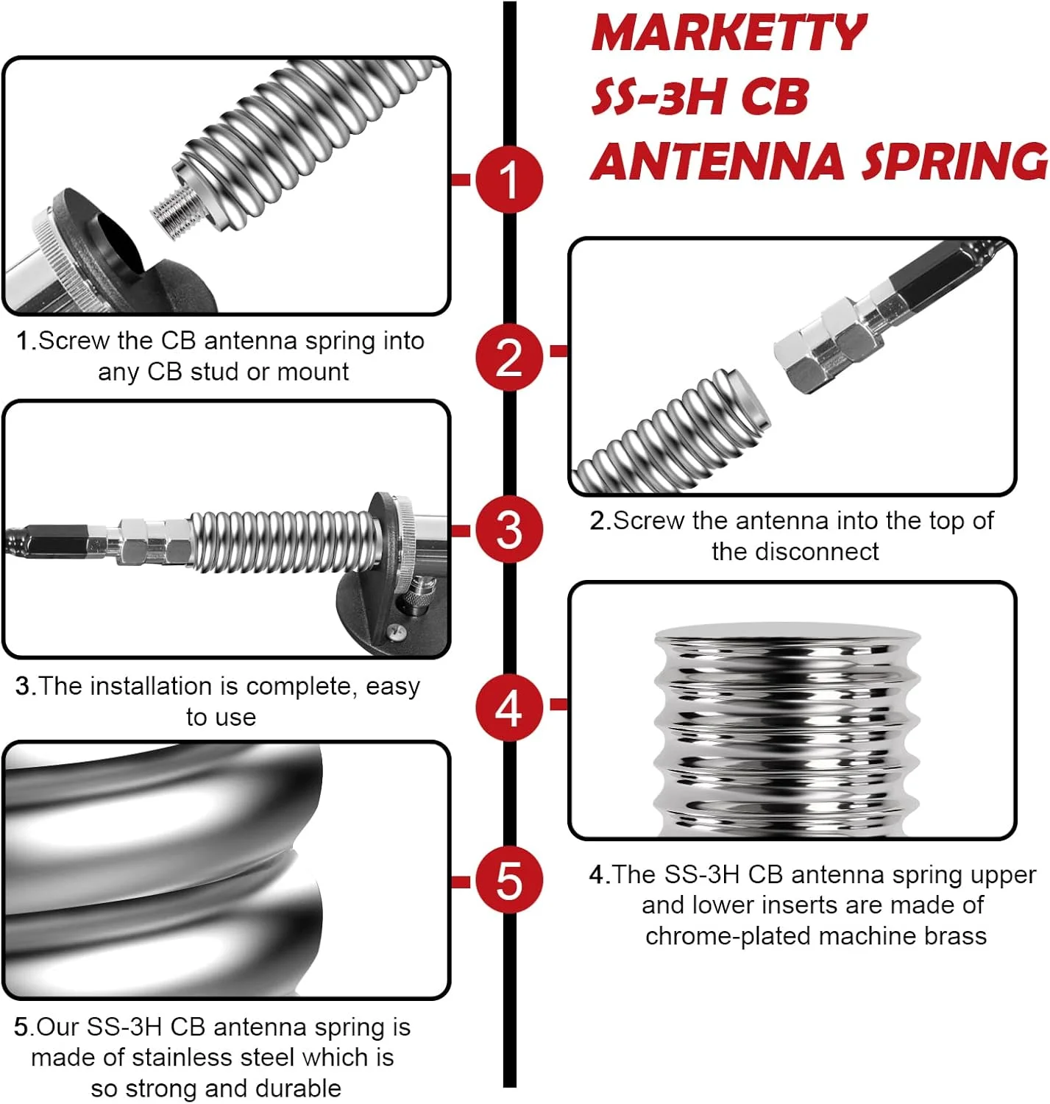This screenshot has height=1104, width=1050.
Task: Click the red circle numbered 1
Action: coord(508,179)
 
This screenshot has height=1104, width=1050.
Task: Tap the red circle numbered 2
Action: coord(508,357)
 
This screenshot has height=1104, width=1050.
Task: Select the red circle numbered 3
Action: coord(508,530)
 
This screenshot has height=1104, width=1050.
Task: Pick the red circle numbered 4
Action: coord(508,708)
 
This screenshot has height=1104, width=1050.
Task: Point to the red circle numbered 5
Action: coord(508,880)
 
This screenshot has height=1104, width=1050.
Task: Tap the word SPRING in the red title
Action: coord(954,161)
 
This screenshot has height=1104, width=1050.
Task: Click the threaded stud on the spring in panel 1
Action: coord(175,212)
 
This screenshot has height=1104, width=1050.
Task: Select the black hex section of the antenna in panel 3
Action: coord(56,538)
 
